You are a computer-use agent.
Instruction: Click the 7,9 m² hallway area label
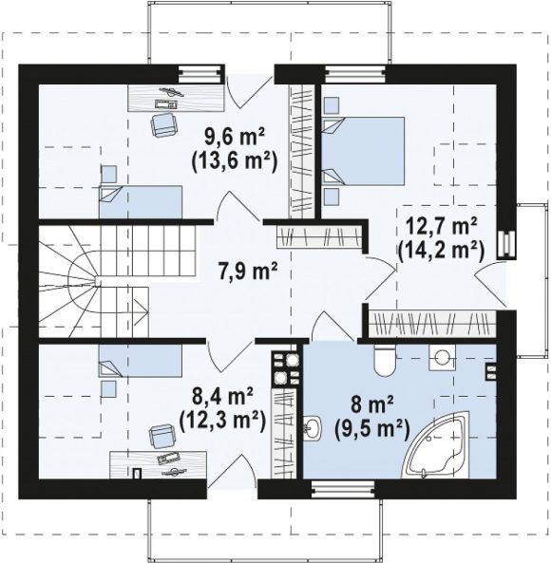248,272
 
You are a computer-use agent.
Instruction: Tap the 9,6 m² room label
235,137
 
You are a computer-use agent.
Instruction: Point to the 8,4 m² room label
222,398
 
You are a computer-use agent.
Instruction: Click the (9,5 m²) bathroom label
372,429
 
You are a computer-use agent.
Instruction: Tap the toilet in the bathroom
385,360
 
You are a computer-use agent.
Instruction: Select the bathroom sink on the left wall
312,427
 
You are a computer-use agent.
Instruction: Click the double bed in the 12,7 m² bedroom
363,151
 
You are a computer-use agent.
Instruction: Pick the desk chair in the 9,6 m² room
164,123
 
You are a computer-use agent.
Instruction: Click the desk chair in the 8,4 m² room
162,436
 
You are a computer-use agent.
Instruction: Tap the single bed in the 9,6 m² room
141,202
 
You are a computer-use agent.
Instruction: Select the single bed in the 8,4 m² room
141,361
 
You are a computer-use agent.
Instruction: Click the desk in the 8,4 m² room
158,465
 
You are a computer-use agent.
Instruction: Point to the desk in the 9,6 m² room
177,98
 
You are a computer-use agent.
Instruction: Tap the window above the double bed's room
355,74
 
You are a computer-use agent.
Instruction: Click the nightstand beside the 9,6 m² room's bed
109,175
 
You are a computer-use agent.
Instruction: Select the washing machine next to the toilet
442,358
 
